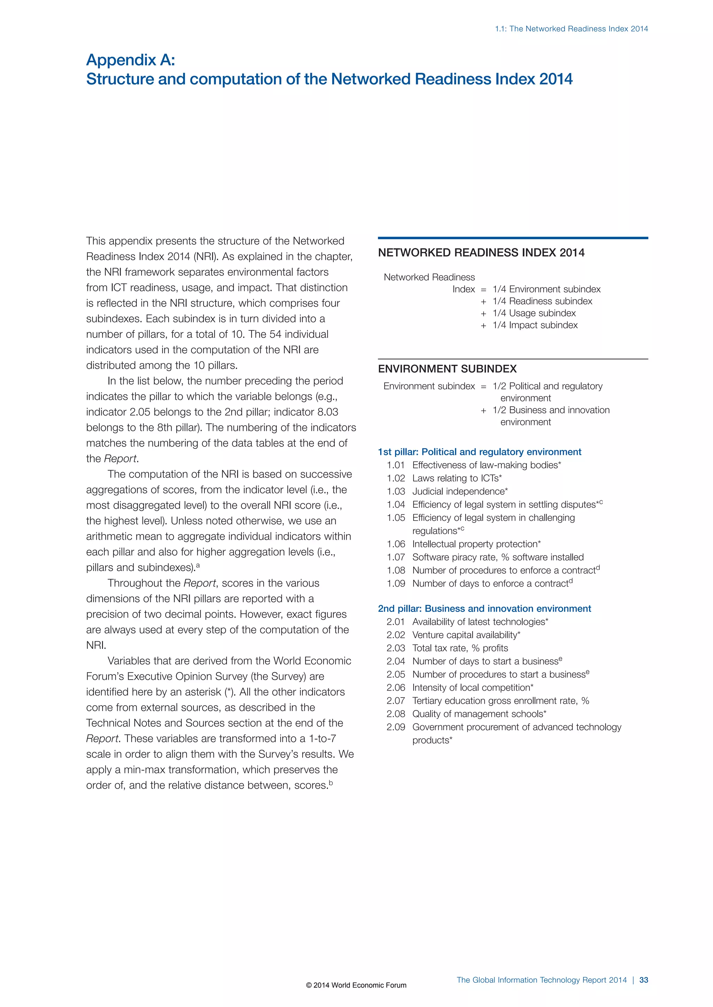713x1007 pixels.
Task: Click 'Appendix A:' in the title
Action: click(131, 60)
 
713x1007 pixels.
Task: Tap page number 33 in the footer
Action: click(644, 980)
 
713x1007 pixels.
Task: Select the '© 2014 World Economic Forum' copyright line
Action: click(356, 985)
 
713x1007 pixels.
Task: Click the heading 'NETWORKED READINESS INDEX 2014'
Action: click(481, 253)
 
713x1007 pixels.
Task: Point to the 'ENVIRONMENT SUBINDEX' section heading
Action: click(447, 369)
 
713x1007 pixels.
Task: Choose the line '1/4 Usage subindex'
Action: click(534, 313)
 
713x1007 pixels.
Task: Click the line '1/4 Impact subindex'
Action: click(535, 325)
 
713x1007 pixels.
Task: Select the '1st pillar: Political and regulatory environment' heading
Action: click(479, 452)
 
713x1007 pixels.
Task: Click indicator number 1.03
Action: click(395, 491)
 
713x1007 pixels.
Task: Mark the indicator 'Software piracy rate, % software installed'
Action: click(498, 557)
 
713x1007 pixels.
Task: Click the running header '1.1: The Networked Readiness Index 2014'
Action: click(571, 29)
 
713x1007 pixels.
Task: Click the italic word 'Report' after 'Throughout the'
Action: click(199, 583)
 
